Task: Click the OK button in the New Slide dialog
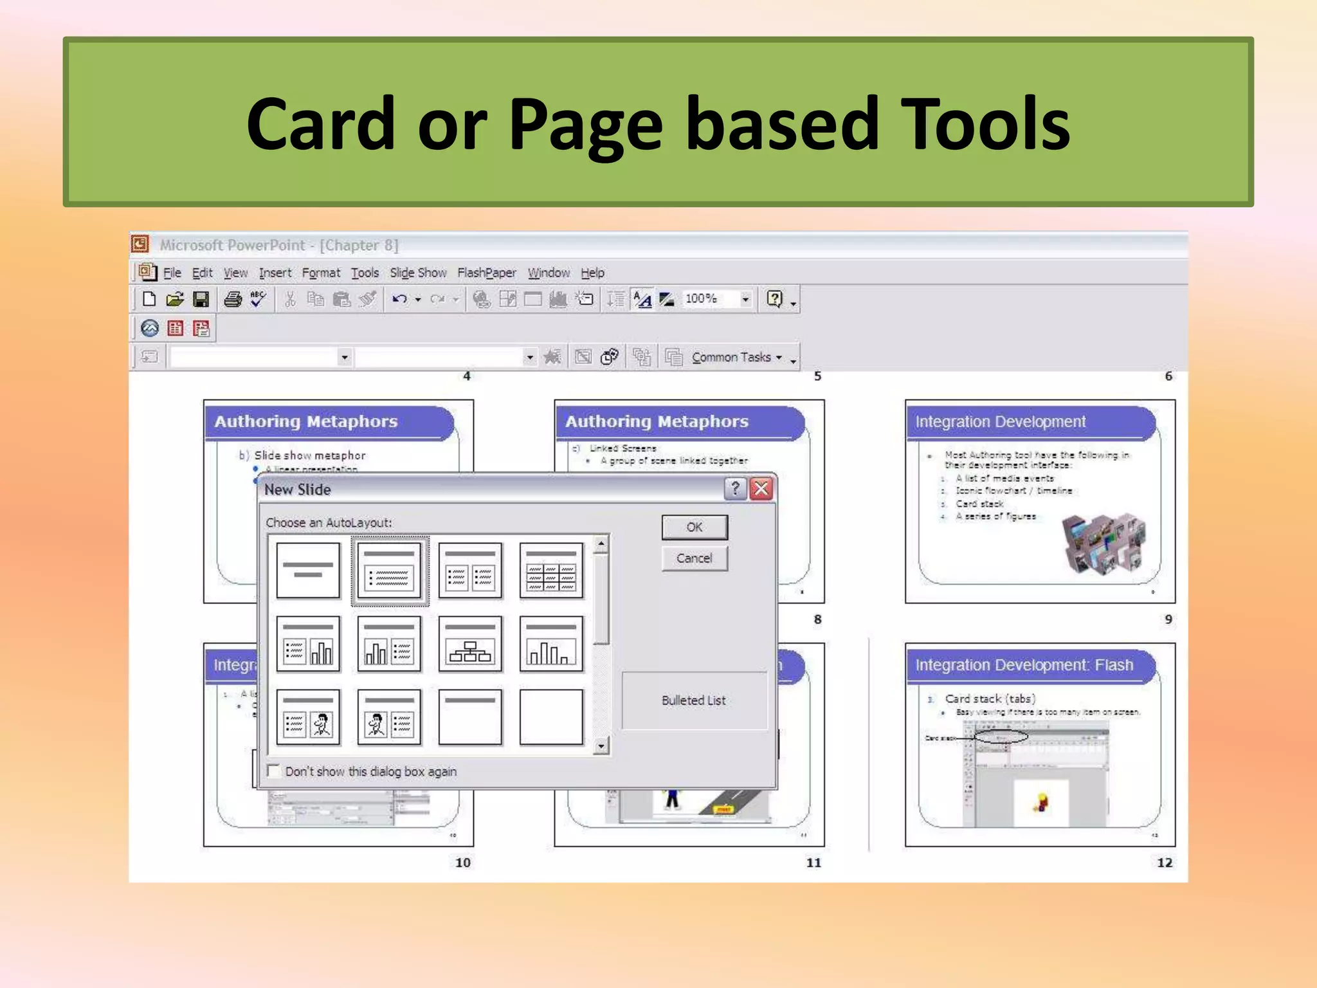694,527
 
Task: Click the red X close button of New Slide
761,489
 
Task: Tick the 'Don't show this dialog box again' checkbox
274,771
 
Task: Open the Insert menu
275,273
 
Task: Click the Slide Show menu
418,273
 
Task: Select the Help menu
592,273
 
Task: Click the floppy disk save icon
201,299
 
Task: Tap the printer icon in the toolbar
233,299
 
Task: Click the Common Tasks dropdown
736,357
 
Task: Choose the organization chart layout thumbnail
470,644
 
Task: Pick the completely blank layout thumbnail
551,717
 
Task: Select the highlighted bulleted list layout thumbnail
390,571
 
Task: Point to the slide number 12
1164,863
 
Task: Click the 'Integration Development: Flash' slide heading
1024,665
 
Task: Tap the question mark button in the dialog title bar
735,489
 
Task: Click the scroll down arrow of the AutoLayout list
601,746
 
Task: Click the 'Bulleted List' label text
693,700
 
